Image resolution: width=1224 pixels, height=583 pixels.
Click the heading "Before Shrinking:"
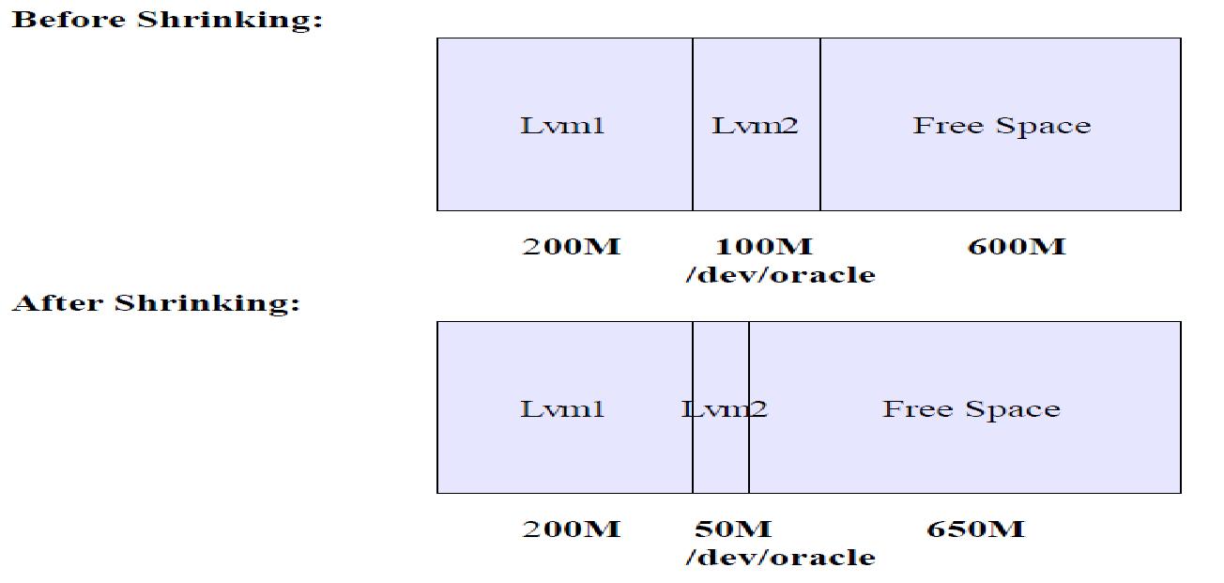[167, 20]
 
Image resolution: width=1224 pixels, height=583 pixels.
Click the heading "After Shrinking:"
[156, 302]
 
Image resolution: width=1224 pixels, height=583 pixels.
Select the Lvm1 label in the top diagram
[562, 125]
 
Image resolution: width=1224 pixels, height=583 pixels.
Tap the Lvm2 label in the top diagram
[756, 125]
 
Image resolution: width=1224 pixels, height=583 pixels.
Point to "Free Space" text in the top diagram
[1002, 125]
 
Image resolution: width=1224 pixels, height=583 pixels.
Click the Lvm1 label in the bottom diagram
[562, 408]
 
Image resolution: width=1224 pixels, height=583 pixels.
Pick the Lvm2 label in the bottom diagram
[724, 408]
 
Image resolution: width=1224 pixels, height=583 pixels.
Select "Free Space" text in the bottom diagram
[971, 408]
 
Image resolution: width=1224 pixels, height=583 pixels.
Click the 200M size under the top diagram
[571, 247]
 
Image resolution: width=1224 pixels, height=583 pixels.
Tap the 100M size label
[764, 247]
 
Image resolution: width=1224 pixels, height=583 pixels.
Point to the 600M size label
[1017, 247]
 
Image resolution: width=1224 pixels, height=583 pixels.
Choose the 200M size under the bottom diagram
[571, 529]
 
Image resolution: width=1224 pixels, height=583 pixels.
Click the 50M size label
[733, 529]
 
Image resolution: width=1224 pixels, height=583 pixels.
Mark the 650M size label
[975, 529]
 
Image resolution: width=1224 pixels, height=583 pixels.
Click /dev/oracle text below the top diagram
[780, 275]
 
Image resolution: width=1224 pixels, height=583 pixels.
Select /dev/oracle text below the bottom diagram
[780, 558]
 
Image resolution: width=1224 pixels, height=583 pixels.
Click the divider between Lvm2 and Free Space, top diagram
[820, 169]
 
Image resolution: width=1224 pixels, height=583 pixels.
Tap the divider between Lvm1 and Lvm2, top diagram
[693, 169]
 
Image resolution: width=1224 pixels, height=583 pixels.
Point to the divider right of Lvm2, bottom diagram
[749, 451]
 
